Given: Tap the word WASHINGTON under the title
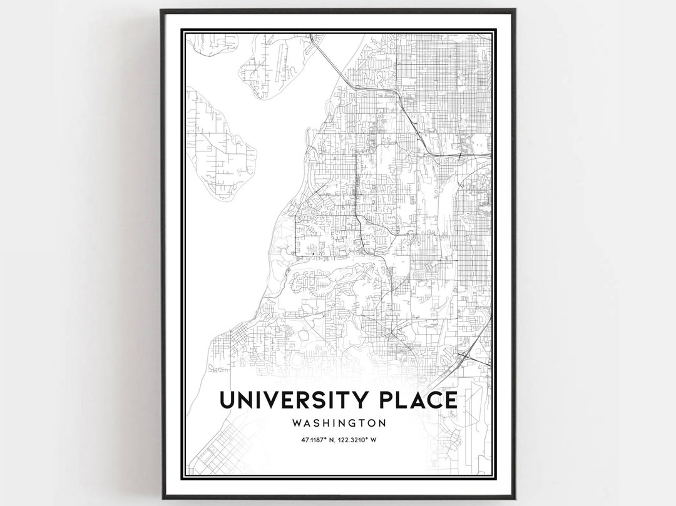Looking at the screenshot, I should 338,423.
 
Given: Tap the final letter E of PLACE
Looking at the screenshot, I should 451,400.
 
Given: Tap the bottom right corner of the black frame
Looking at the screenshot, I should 514,497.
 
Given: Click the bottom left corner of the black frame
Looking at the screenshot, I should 162,497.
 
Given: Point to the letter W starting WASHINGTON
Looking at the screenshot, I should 296,423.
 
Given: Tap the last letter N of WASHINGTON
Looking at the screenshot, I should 382,423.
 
